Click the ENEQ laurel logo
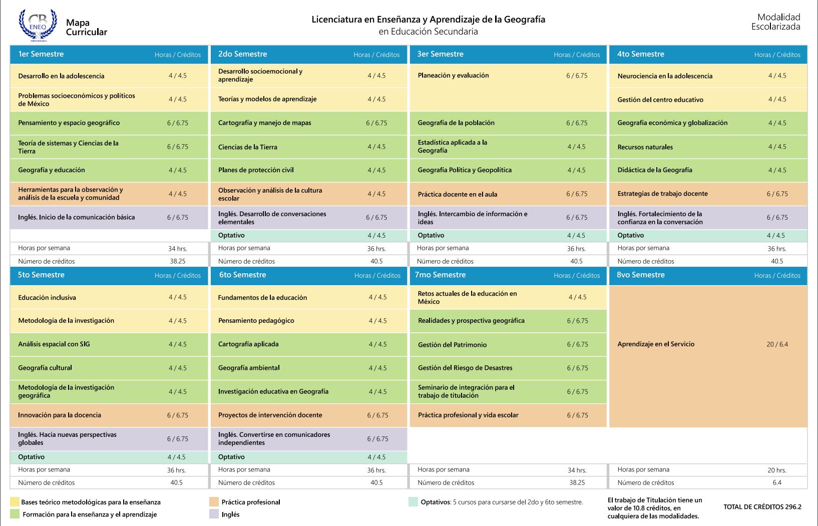(x=38, y=25)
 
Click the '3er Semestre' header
(x=440, y=54)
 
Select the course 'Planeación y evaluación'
(x=453, y=76)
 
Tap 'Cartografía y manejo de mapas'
(x=264, y=123)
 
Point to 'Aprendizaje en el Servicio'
(x=655, y=344)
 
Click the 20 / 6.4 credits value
(x=777, y=344)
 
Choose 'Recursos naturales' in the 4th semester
(x=645, y=147)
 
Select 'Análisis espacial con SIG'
(x=54, y=344)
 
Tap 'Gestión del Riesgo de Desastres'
(x=465, y=367)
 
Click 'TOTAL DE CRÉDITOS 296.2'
(x=762, y=506)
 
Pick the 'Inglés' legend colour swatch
(x=214, y=514)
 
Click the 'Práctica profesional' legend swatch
(x=214, y=501)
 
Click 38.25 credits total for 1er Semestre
(x=178, y=261)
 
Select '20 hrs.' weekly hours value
(x=777, y=470)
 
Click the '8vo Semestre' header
(x=640, y=275)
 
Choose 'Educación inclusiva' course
(x=47, y=297)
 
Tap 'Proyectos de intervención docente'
(x=270, y=415)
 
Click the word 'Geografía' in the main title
(x=525, y=20)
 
